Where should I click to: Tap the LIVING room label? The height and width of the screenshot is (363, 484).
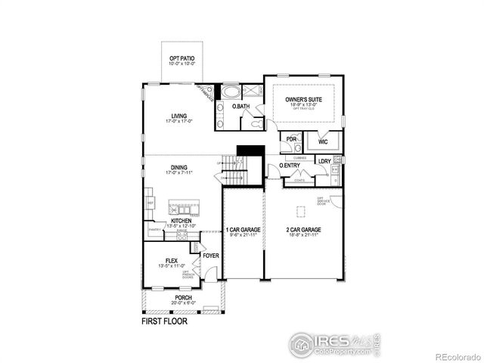179,116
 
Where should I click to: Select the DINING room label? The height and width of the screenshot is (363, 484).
179,168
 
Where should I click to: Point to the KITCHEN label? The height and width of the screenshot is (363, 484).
181,220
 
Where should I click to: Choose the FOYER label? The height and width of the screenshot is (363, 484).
211,256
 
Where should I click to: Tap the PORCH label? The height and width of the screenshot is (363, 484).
183,298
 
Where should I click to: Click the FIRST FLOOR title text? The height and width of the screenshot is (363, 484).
164,321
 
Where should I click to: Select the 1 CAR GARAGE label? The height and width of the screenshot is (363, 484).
243,229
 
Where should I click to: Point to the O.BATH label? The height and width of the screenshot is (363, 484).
240,107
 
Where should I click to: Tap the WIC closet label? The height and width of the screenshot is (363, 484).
323,141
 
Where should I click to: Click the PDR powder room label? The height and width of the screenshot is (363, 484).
291,140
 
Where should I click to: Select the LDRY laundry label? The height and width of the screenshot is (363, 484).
324,161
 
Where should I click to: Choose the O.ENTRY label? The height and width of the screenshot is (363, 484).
290,165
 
